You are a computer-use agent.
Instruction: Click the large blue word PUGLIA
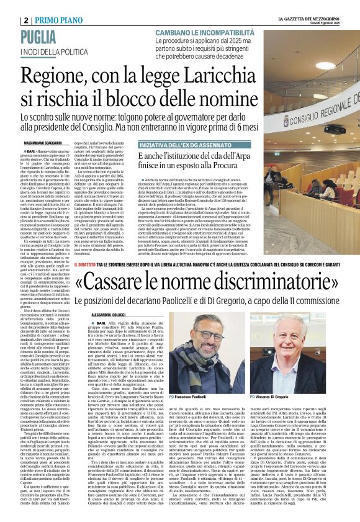(44, 36)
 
